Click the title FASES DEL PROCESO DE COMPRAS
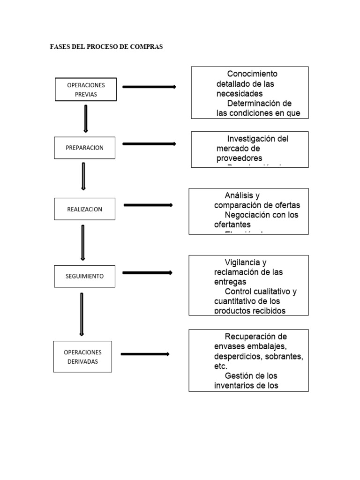[x=106, y=47]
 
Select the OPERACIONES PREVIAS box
[x=86, y=90]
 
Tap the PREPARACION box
[x=84, y=148]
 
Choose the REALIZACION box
[x=84, y=209]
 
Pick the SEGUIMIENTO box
[x=84, y=277]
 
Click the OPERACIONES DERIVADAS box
[x=82, y=357]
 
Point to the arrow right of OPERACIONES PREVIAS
[x=149, y=87]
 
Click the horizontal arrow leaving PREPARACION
[x=149, y=144]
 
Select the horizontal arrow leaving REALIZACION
[x=148, y=205]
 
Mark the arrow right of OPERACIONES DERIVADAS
[x=145, y=354]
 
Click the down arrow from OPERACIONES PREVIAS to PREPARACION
[x=85, y=119]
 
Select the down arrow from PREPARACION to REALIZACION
[x=83, y=176]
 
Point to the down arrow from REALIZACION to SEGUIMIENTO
[x=83, y=242]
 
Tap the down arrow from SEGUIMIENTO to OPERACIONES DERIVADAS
[x=82, y=315]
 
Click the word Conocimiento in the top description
[x=252, y=74]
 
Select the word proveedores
[x=239, y=158]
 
